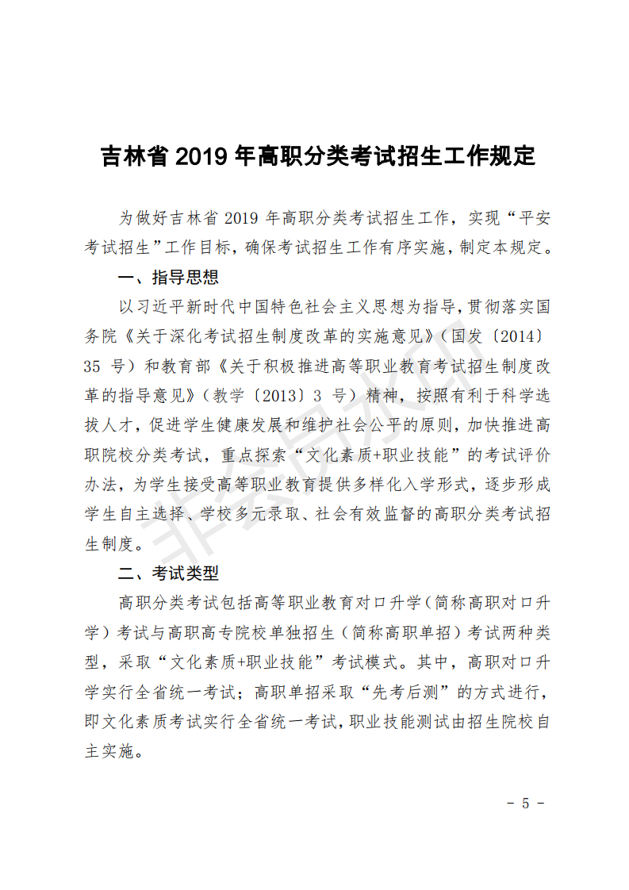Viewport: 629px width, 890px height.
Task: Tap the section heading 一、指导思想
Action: tap(167, 278)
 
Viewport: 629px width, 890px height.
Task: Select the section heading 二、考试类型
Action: tap(167, 573)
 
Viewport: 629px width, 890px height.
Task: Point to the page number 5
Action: tap(525, 803)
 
